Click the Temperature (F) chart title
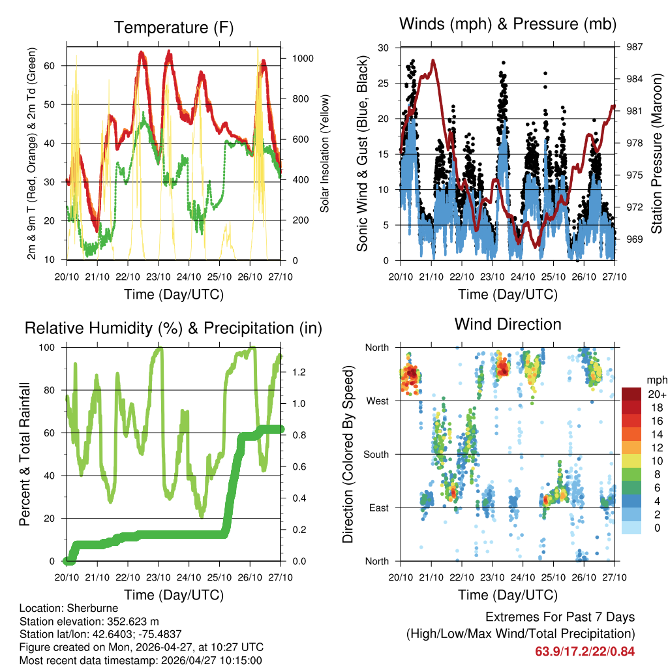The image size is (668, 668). coord(173,27)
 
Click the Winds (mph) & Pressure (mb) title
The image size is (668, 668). coord(508,25)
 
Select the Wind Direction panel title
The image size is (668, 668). coord(508,324)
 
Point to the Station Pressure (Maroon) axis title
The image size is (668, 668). coord(657,153)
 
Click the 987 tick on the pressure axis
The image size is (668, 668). coord(634,47)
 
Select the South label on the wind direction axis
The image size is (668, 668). coord(375,454)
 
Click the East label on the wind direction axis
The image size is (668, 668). coord(377,508)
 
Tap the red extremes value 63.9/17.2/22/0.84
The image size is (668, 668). coord(585,651)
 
